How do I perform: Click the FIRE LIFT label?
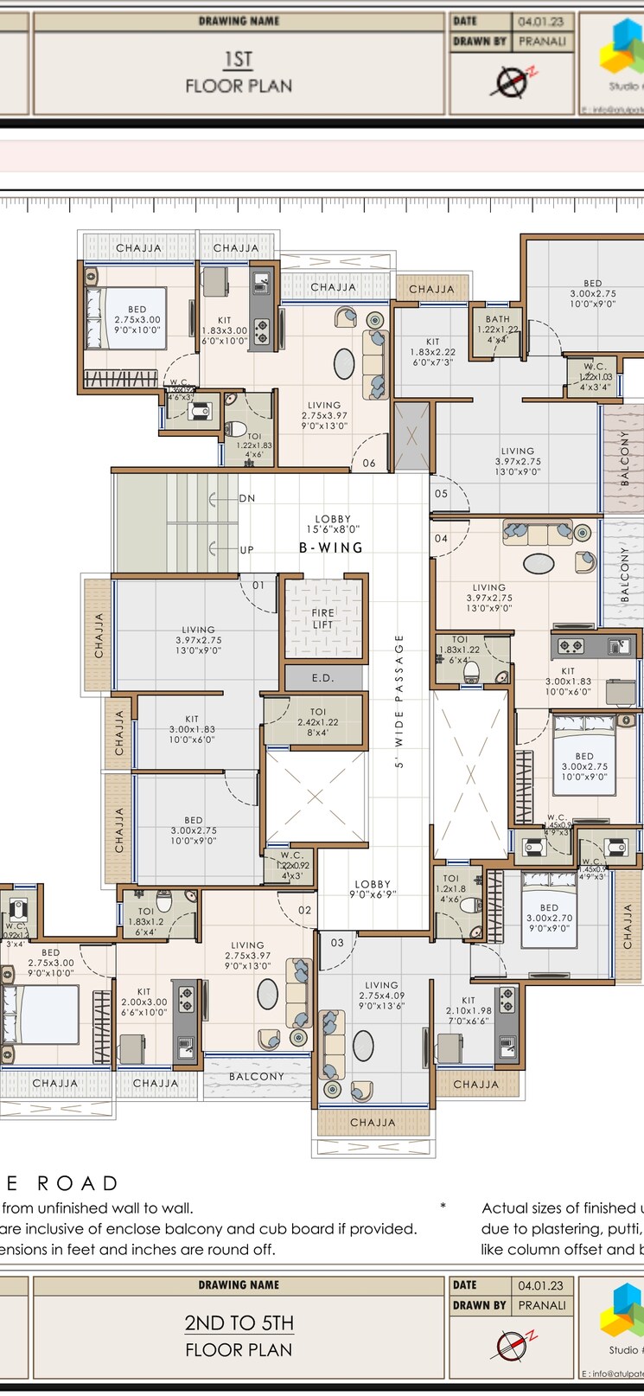[x=322, y=618]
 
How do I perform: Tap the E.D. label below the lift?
[x=322, y=678]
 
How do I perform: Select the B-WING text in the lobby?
[x=331, y=548]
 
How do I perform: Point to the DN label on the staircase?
[x=247, y=499]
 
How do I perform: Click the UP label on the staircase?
[x=247, y=550]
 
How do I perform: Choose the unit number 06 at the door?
[x=369, y=464]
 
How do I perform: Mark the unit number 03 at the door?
[x=337, y=943]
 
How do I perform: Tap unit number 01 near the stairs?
[x=258, y=586]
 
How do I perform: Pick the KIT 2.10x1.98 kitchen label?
[x=468, y=1011]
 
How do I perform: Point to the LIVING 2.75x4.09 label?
[x=381, y=996]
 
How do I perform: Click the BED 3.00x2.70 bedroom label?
[x=549, y=918]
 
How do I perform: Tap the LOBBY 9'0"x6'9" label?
[x=373, y=889]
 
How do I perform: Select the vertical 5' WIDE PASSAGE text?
[x=399, y=701]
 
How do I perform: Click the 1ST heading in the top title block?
[x=239, y=60]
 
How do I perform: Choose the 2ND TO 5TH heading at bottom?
[x=239, y=1323]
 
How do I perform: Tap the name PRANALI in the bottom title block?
[x=542, y=1305]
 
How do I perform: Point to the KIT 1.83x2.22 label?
[x=432, y=352]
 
